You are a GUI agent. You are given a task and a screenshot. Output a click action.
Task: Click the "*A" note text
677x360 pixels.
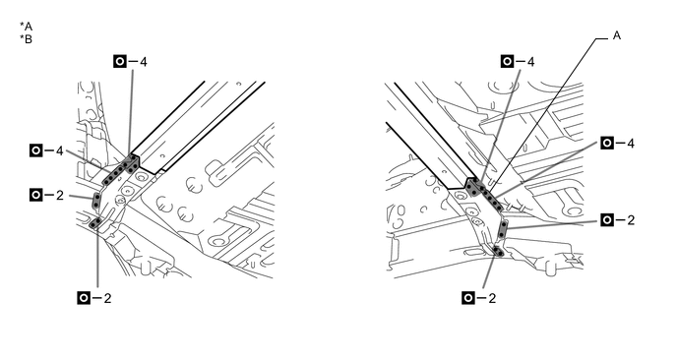26,27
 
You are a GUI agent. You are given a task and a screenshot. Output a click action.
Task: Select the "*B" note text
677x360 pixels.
26,39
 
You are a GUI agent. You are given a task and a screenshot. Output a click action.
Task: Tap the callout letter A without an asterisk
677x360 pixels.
617,35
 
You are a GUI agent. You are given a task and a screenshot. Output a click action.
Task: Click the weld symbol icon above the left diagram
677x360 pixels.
120,62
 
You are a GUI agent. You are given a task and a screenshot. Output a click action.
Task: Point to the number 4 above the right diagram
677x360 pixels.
530,62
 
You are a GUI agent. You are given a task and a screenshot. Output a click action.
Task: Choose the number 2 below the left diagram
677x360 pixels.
107,298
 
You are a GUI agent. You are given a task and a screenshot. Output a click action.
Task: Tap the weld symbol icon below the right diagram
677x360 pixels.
468,298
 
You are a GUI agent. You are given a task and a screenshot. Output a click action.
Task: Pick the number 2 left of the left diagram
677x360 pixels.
60,195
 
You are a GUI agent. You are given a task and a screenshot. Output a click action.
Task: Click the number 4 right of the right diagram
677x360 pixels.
631,144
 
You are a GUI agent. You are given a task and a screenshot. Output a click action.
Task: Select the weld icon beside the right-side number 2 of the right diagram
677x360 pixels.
607,220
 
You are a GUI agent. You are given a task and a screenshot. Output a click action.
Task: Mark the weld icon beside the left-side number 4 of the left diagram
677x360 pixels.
36,150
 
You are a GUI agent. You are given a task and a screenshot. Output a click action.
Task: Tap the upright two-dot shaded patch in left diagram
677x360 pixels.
97,201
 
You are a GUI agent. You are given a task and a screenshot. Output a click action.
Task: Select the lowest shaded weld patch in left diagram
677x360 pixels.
95,222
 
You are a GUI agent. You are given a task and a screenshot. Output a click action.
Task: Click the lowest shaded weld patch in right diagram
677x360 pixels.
499,251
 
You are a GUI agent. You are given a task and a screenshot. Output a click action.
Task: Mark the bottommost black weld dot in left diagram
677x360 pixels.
93,224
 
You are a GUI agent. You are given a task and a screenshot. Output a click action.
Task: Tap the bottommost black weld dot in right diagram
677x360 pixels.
501,253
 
